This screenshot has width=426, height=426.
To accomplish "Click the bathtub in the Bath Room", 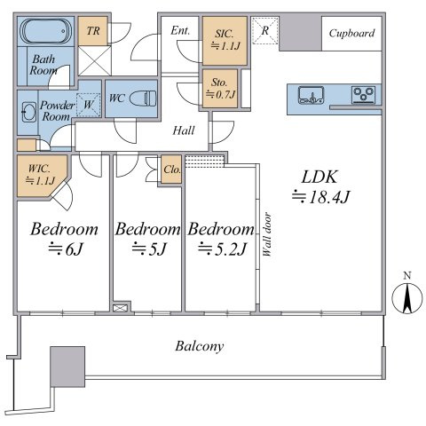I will coord(44,35).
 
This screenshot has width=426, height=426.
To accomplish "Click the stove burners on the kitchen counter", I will coord(363,93).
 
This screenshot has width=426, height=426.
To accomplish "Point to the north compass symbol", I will coord(406,295).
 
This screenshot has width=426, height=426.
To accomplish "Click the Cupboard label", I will coord(351,34).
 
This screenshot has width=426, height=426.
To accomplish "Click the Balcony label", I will coord(200,346).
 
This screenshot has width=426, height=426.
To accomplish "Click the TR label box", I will coord(91,29).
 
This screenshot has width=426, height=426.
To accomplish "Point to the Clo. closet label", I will coord(172,170).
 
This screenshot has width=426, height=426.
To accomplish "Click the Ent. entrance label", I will coord(180,31).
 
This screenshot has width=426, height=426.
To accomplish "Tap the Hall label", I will coord(184,130).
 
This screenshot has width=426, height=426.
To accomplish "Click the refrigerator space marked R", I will coord(264,30).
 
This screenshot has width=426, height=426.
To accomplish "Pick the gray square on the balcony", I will coord(67,365).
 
